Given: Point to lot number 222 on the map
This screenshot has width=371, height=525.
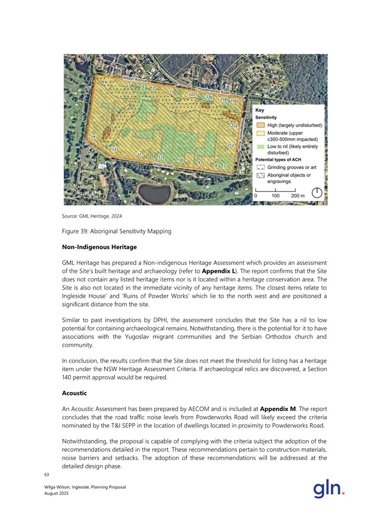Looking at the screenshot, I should (x=192, y=95).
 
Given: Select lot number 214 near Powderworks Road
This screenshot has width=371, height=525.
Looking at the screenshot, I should (x=234, y=126).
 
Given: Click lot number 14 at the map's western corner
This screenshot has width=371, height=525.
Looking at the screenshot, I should (x=93, y=136).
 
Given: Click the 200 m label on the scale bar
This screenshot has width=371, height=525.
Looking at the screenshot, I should (x=298, y=195).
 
